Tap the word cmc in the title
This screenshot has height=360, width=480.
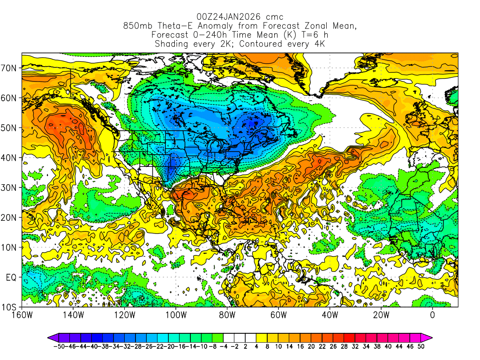coord(274,17)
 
